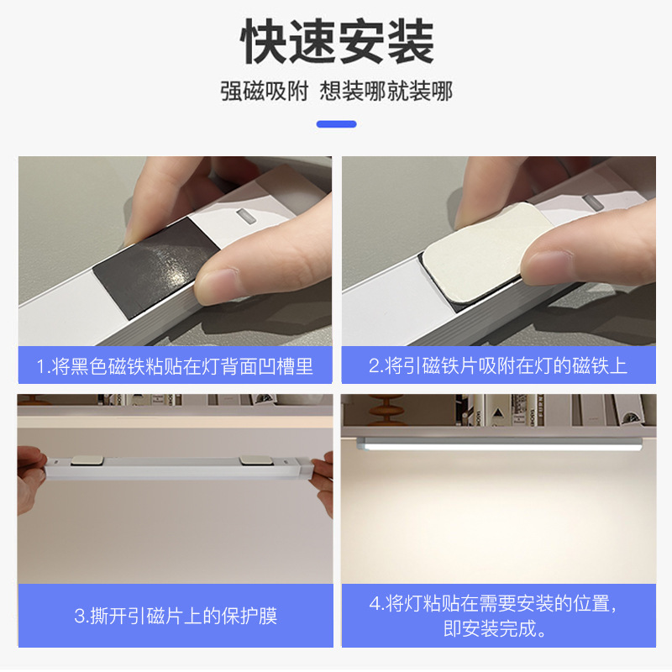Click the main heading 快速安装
click(337, 41)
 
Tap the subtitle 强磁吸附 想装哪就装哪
click(337, 91)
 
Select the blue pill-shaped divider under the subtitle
click(337, 124)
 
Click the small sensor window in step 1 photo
click(246, 217)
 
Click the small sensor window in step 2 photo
click(593, 202)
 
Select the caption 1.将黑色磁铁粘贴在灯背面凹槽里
click(175, 366)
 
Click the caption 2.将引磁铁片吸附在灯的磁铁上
click(498, 365)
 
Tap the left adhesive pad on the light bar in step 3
click(87, 460)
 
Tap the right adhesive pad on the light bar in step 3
click(255, 460)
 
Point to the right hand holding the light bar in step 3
click(323, 485)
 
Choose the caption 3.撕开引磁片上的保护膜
click(176, 616)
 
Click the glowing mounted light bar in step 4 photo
click(499, 444)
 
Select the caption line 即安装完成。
click(495, 628)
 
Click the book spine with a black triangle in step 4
click(497, 411)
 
